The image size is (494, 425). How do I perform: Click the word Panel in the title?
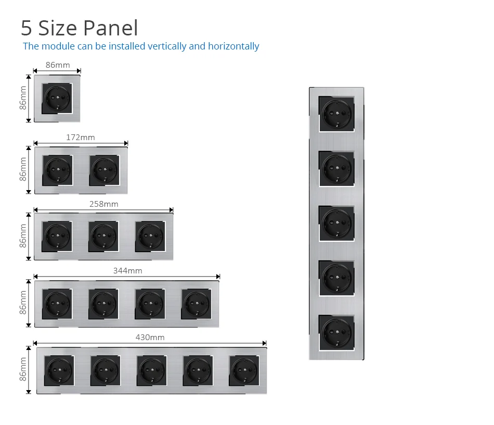click(x=111, y=28)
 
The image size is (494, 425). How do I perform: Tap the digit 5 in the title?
click(x=27, y=28)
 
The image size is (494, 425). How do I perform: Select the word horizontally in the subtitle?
click(x=233, y=46)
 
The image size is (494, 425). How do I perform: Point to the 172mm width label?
click(x=81, y=137)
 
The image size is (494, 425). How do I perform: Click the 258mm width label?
click(x=103, y=204)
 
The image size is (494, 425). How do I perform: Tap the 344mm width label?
click(x=127, y=271)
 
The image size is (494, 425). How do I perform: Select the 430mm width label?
click(x=150, y=337)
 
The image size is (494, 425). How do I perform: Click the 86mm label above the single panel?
click(x=57, y=65)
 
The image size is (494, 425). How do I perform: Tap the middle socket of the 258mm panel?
click(x=103, y=236)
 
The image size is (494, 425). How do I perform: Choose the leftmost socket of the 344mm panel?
click(x=57, y=304)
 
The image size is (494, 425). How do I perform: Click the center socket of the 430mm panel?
click(x=151, y=370)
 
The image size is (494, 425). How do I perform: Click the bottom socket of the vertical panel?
click(x=336, y=331)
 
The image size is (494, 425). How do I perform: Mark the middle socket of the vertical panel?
click(x=336, y=222)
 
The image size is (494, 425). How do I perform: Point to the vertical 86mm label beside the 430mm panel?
click(x=23, y=369)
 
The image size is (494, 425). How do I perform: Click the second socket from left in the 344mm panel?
click(x=103, y=304)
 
